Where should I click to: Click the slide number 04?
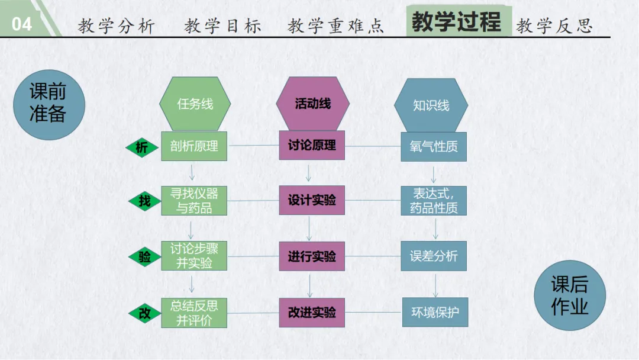click(22, 24)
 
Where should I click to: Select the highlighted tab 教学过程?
click(457, 22)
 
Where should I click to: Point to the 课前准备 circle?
click(49, 102)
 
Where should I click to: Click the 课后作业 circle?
click(570, 296)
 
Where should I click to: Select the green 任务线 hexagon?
click(195, 104)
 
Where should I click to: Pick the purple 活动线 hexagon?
click(312, 104)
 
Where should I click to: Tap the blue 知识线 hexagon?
click(431, 105)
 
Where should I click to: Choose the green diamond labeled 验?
click(144, 257)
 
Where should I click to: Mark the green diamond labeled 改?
click(144, 314)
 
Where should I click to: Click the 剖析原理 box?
click(195, 146)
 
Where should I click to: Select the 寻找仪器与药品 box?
click(195, 200)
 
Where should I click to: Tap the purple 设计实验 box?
click(312, 200)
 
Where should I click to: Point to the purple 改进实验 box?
click(312, 312)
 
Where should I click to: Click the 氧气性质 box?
click(434, 146)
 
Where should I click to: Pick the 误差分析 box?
click(434, 256)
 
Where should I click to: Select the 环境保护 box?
click(435, 312)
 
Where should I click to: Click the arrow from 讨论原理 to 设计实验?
click(308, 173)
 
